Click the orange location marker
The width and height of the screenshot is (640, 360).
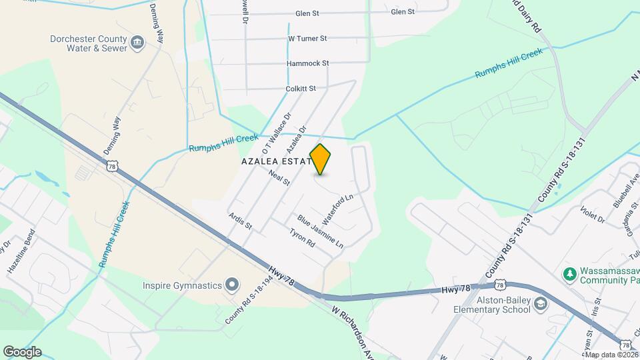tap(321, 159)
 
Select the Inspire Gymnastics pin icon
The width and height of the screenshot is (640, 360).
tap(232, 285)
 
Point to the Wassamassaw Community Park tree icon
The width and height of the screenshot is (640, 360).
tap(569, 273)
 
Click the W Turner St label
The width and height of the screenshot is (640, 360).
tap(307, 39)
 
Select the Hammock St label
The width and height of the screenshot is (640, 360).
tap(307, 63)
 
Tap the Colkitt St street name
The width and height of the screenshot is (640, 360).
tap(300, 88)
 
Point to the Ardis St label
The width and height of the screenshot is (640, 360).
tap(240, 221)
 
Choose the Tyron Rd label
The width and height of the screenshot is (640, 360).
tap(302, 239)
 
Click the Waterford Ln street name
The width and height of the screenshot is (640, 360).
tap(337, 209)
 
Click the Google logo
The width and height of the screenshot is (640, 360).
tap(22, 351)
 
